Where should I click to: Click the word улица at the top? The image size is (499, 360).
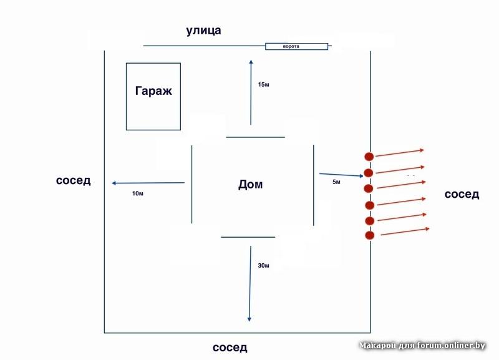(203, 31)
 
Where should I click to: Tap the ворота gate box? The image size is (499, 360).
(296, 46)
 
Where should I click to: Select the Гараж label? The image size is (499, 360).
(153, 91)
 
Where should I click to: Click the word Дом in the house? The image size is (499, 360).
(251, 185)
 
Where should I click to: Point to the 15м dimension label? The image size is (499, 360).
(263, 84)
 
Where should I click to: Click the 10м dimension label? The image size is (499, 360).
(138, 194)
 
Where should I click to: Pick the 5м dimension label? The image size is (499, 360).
(337, 182)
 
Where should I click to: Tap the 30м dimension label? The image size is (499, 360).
(263, 266)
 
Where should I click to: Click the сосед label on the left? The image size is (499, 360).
(74, 181)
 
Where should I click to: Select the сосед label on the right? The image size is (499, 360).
(462, 194)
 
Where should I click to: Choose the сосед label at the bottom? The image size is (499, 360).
(230, 348)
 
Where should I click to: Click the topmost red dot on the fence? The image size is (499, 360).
(369, 157)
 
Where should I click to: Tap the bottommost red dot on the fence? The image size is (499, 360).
(369, 235)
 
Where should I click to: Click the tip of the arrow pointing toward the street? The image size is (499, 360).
(251, 60)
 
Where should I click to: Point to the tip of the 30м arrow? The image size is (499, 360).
(249, 321)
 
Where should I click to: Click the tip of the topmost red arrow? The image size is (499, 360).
(425, 150)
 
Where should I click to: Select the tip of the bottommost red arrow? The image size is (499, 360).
(430, 229)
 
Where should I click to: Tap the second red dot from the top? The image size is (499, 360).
(369, 173)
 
